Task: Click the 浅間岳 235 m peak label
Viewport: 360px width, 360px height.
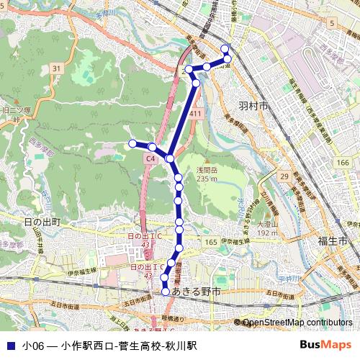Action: (x=207, y=174)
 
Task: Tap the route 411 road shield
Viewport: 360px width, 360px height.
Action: (x=195, y=114)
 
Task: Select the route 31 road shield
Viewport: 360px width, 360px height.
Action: (x=56, y=68)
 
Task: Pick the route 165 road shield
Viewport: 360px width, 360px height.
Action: (x=210, y=243)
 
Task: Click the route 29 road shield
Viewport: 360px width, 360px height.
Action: (x=284, y=176)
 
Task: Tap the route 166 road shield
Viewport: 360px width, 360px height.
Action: (x=343, y=163)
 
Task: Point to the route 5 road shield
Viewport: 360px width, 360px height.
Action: (x=330, y=24)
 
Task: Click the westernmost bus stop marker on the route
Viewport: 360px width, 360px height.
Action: (x=132, y=144)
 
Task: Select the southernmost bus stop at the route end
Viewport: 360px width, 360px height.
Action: (x=166, y=292)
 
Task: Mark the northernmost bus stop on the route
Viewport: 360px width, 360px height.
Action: (x=225, y=49)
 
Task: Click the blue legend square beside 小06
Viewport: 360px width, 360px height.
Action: (x=10, y=346)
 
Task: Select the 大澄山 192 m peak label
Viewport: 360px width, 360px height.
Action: (x=268, y=229)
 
